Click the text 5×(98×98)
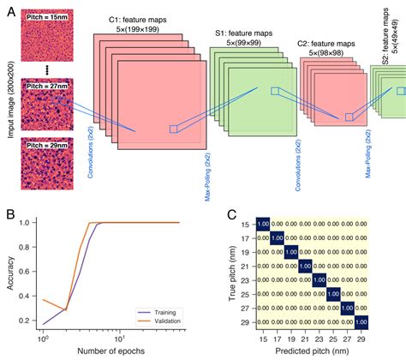tap(326, 52)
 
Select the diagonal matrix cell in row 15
tap(264, 225)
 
